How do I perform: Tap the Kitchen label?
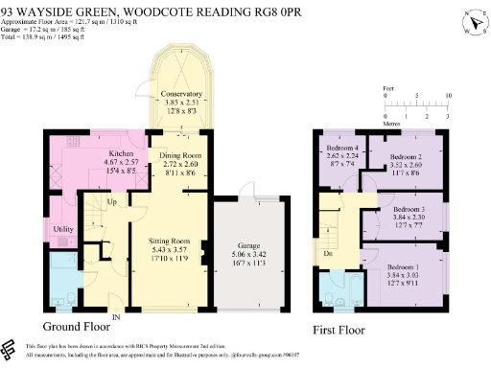120,153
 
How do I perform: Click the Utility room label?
63,230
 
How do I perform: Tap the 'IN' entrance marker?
116,317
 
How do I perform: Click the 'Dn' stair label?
328,254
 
